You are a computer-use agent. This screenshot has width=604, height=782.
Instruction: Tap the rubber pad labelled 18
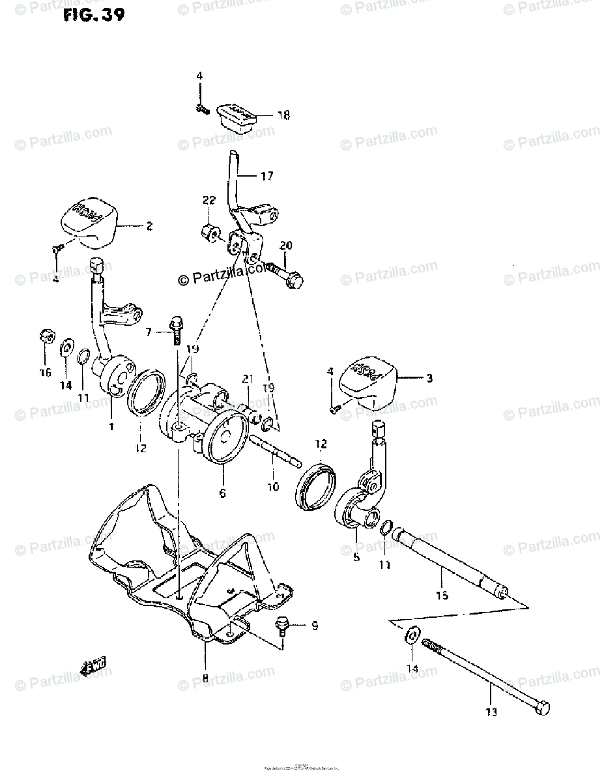237,117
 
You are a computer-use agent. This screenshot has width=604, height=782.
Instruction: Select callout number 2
149,226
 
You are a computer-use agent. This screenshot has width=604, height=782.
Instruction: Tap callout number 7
149,332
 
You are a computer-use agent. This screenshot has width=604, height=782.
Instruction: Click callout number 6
222,493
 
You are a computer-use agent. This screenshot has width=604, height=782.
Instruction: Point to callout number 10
272,486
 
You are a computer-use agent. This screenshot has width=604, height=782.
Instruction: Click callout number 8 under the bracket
205,678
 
